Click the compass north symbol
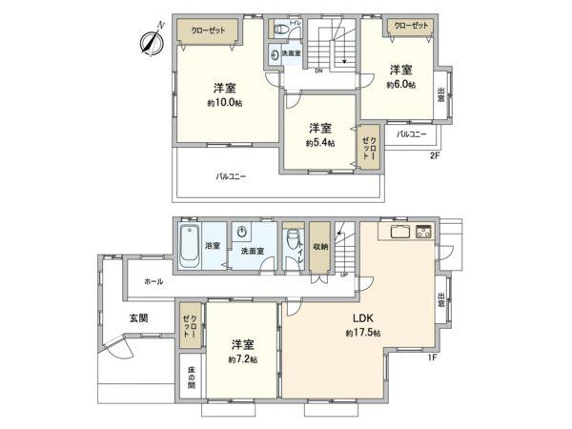(152, 40)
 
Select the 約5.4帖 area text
(319, 142)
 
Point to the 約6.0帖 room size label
(400, 84)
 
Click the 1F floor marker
(432, 357)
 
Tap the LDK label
(363, 318)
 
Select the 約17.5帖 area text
(363, 333)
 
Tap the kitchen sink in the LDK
(398, 232)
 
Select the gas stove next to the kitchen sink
(422, 232)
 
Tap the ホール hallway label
(153, 282)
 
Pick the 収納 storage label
(320, 246)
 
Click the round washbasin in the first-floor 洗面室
(242, 232)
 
